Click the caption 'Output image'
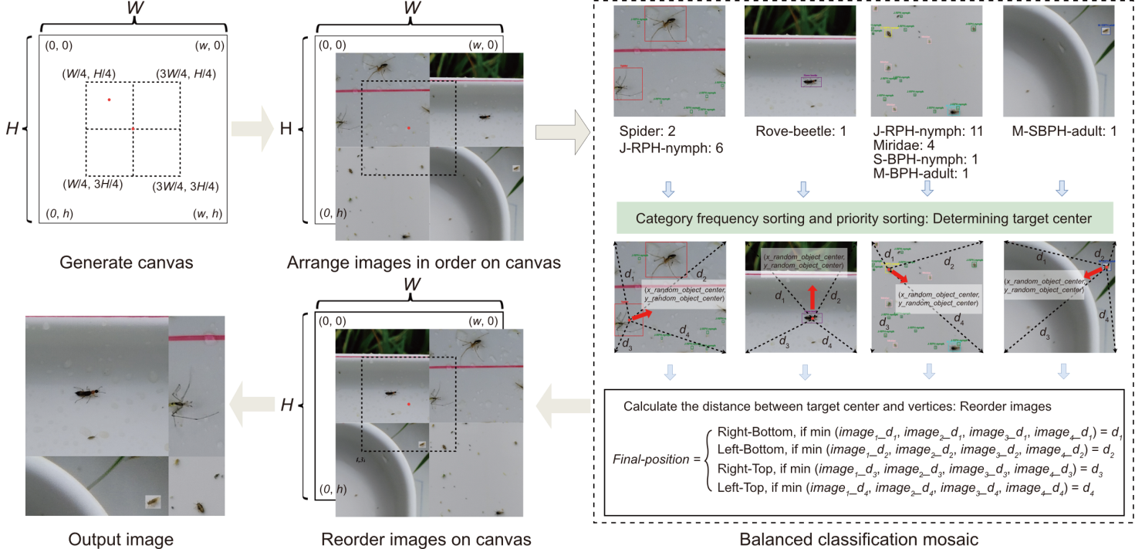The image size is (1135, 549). (x=121, y=538)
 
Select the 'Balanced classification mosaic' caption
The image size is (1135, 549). (x=859, y=538)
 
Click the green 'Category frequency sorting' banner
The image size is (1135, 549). (x=863, y=219)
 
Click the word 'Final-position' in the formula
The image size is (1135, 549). (x=653, y=459)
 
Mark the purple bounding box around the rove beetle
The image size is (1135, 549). (x=811, y=80)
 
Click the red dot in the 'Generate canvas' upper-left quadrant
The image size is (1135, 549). (x=109, y=100)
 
